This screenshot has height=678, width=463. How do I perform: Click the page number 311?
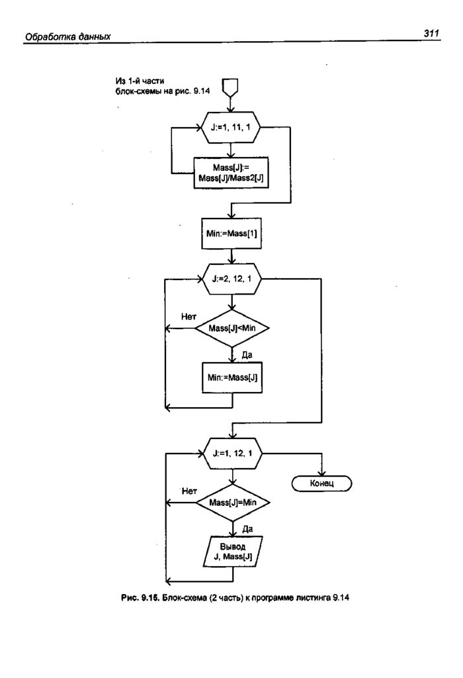tap(431, 32)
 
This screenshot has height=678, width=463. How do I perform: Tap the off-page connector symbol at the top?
tap(230, 86)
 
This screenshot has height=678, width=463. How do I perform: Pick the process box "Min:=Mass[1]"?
tap(231, 234)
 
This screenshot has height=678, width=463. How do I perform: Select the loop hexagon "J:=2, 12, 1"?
tap(231, 279)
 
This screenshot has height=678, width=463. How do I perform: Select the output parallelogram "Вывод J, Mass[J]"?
tap(230, 553)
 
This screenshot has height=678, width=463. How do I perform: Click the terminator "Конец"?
tap(321, 484)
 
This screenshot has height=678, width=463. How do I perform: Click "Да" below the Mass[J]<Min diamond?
tap(247, 355)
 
